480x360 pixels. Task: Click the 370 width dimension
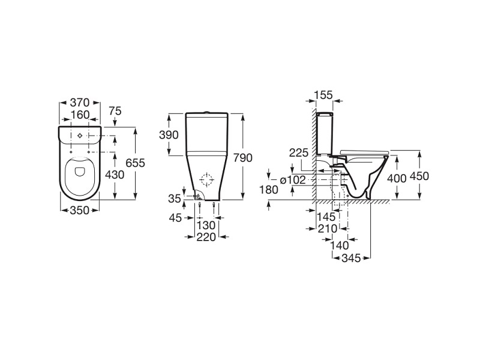[x=80, y=102]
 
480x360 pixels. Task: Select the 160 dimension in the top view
[x=80, y=115]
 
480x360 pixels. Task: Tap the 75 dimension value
[x=115, y=111]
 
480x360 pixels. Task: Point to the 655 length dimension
[x=136, y=163]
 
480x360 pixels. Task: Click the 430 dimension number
[x=115, y=175]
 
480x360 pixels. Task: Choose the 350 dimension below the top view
[x=80, y=211]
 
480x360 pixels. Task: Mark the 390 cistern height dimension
[x=169, y=134]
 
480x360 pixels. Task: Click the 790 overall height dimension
[x=243, y=158]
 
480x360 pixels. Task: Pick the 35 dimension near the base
[x=175, y=199]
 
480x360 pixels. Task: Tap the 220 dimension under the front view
[x=206, y=237]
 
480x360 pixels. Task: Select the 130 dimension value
[x=206, y=226]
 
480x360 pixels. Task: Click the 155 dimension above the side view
[x=323, y=95]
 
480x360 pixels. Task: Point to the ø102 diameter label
[x=293, y=180]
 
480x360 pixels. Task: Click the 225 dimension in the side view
[x=299, y=152]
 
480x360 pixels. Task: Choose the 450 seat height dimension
[x=419, y=176]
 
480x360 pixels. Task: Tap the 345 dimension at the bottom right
[x=351, y=259]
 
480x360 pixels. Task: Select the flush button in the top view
[x=80, y=136]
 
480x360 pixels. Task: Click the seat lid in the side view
[x=364, y=152]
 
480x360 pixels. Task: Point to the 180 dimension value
[x=269, y=190]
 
